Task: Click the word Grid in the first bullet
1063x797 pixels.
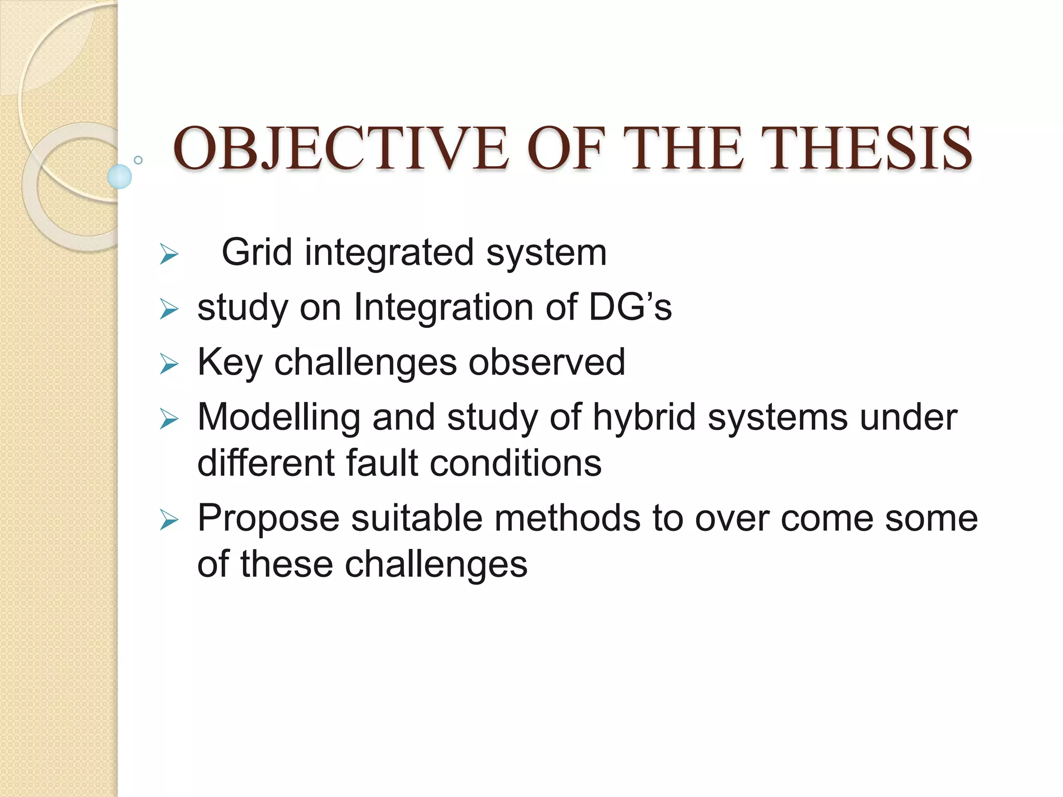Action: click(256, 253)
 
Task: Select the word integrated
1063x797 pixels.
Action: click(389, 253)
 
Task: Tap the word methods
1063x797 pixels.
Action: click(567, 518)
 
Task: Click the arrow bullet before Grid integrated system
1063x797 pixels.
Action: click(169, 255)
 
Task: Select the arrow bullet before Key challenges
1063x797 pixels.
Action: click(169, 364)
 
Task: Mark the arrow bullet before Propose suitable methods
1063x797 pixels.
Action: click(169, 520)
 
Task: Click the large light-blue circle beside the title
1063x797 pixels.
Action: click(119, 176)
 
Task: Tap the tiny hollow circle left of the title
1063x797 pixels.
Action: click(138, 160)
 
